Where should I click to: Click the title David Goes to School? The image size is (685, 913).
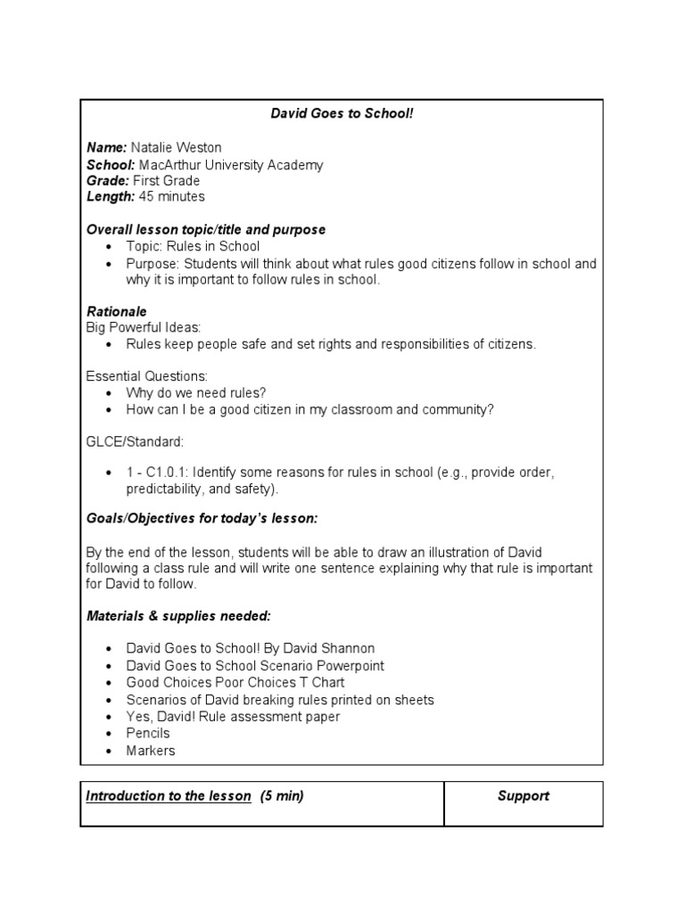342,114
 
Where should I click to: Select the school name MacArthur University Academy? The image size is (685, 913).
231,164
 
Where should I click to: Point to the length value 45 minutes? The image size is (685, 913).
171,197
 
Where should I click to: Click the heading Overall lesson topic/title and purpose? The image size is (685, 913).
206,230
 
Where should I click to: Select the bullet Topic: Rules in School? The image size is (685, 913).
193,247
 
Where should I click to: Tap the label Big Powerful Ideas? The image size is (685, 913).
144,328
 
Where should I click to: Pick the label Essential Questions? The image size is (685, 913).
146,376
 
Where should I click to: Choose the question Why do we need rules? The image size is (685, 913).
195,393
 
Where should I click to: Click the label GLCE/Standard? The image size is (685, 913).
135,442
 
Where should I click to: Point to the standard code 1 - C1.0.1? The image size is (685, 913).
156,473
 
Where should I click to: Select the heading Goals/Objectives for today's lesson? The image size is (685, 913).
202,519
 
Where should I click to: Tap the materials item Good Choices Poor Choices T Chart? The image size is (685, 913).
235,683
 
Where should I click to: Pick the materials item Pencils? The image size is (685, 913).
147,733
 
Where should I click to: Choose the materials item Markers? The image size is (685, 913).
150,751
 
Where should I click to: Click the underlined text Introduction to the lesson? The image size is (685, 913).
169,796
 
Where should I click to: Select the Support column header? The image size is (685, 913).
523,796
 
